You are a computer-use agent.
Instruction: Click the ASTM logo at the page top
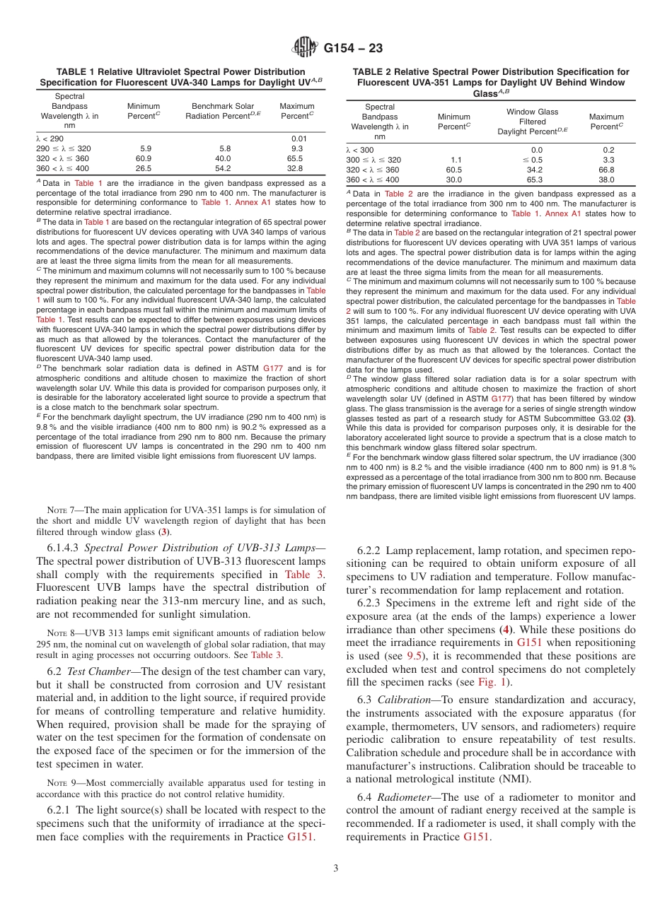(x=305, y=48)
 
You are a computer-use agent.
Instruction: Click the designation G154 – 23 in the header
(x=353, y=48)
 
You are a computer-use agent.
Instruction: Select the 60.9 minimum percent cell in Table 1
(x=146, y=158)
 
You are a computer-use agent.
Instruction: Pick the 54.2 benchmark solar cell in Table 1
(x=225, y=168)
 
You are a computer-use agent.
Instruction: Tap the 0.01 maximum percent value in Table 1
(x=299, y=139)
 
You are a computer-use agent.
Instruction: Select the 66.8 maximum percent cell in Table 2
(x=606, y=170)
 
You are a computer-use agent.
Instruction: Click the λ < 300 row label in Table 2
(x=361, y=150)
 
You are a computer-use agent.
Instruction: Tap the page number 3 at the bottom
(x=335, y=869)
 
